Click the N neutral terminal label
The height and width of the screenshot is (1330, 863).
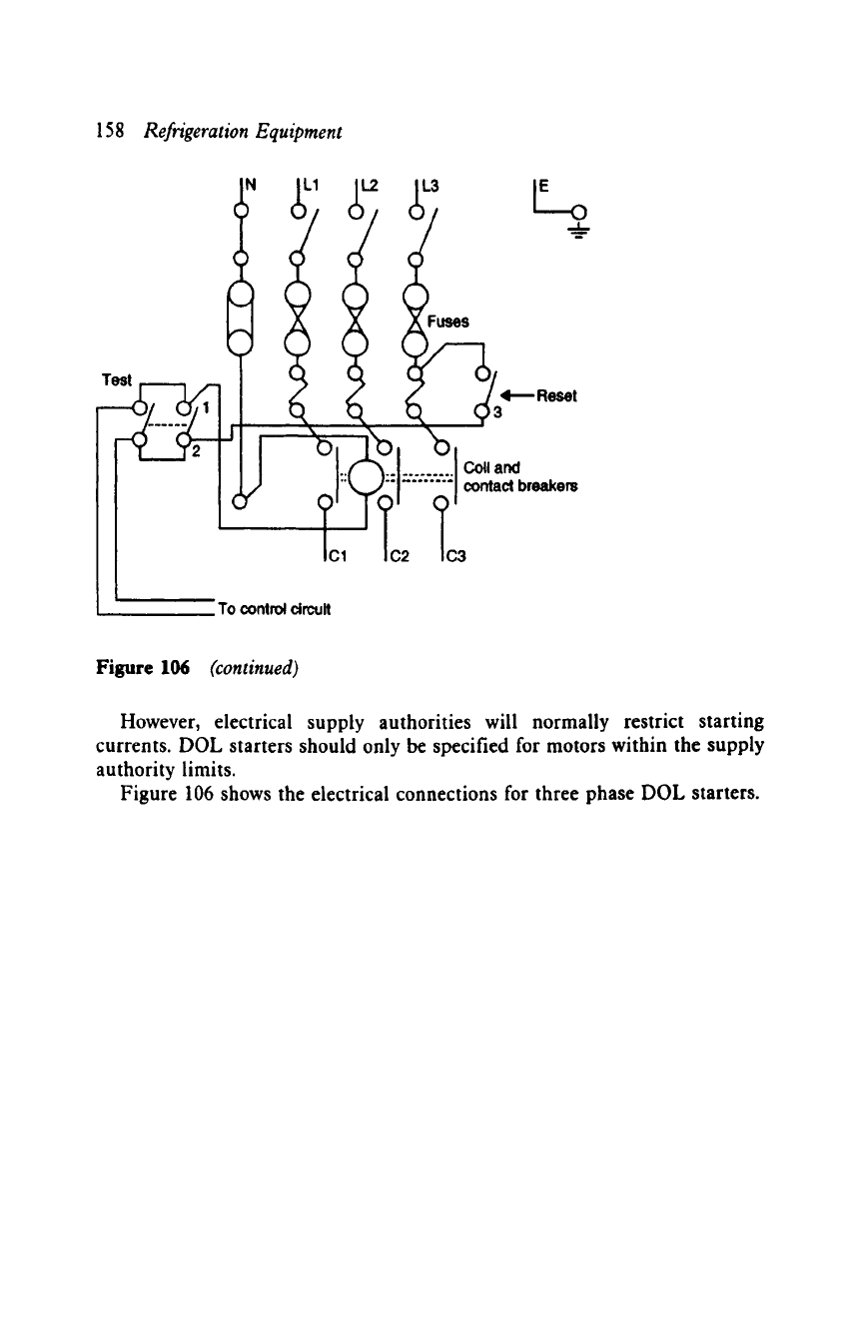251,186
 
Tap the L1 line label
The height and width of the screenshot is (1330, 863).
312,186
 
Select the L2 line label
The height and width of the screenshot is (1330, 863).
370,186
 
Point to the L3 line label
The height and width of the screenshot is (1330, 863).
431,186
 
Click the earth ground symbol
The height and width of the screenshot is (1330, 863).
579,231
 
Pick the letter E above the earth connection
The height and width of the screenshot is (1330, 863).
544,187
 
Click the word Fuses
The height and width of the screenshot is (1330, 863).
448,322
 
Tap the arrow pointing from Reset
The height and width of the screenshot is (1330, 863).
517,394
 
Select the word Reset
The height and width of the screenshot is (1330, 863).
556,396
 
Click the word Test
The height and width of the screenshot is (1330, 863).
117,380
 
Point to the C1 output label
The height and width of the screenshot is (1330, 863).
339,556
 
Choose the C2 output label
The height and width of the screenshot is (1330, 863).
401,556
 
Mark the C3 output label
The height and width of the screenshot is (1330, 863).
456,556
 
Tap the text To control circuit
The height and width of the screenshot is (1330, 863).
275,609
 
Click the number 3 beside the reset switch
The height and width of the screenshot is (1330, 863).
497,412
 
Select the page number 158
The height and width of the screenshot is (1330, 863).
110,131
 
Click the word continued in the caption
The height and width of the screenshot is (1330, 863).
254,669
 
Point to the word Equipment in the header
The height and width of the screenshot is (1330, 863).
299,132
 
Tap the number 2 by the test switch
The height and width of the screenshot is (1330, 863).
196,452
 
